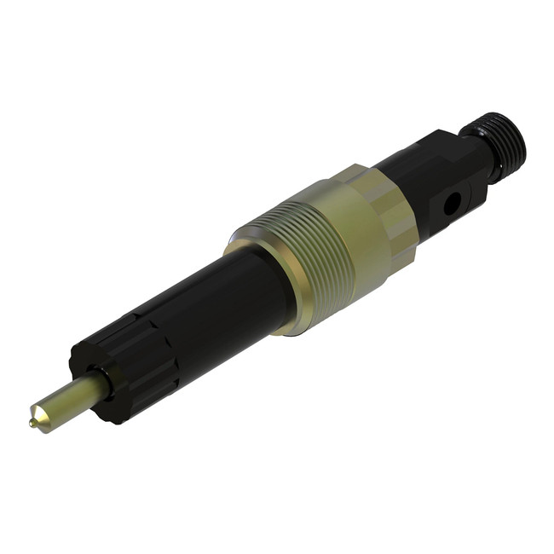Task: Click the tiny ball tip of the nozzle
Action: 32,421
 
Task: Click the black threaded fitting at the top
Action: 499,136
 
